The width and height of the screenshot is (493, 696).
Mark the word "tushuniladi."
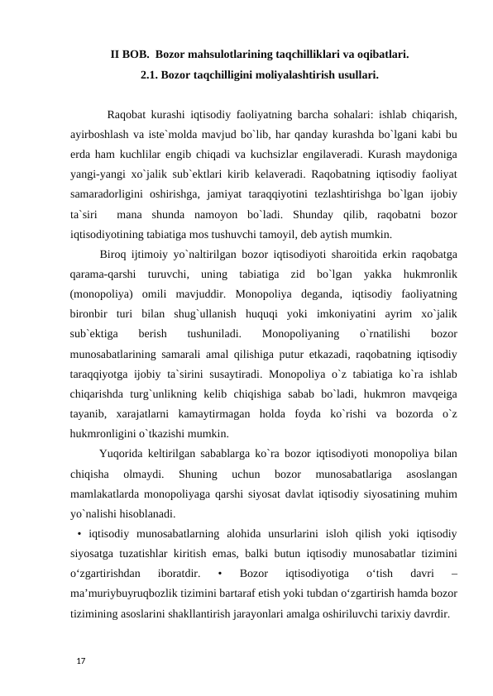[x=214, y=334]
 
